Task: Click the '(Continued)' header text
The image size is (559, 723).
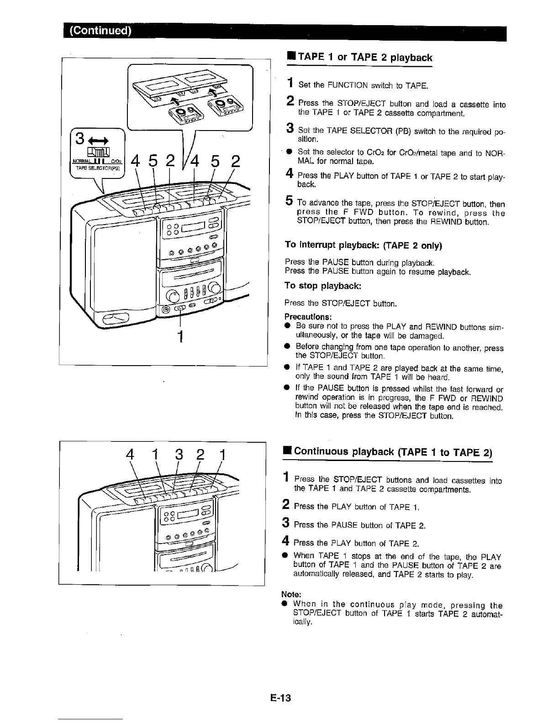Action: pyautogui.click(x=100, y=31)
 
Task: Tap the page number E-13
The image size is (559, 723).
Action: pyautogui.click(x=279, y=698)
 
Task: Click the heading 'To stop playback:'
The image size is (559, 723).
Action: pyautogui.click(x=323, y=286)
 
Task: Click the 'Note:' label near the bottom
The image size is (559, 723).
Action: pyautogui.click(x=291, y=594)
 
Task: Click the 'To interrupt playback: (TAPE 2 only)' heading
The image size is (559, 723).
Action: pyautogui.click(x=364, y=245)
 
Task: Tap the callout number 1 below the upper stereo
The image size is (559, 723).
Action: pyautogui.click(x=181, y=336)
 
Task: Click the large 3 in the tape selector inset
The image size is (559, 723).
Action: pyautogui.click(x=81, y=137)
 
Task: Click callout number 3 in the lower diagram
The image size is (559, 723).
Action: pyautogui.click(x=179, y=456)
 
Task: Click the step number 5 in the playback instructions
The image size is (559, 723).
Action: pyautogui.click(x=289, y=201)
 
